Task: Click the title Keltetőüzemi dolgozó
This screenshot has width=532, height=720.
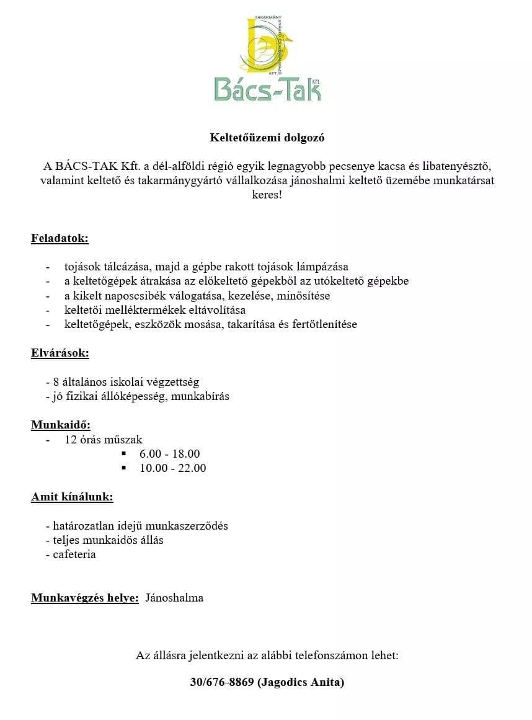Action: [x=266, y=138]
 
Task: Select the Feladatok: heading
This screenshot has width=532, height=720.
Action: [x=60, y=238]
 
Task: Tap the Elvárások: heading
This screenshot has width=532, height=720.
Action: [x=60, y=353]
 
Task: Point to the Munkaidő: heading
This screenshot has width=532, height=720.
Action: [x=61, y=425]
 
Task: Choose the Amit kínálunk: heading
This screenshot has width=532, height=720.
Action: [x=72, y=497]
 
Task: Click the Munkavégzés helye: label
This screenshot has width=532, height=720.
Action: [x=85, y=598]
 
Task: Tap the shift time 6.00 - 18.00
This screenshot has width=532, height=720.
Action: [x=169, y=454]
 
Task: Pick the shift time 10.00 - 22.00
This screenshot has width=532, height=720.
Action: [x=172, y=468]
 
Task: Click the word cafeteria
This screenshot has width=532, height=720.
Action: [x=74, y=554]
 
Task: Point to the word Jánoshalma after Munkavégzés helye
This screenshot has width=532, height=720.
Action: [x=174, y=598]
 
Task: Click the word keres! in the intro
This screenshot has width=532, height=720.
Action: [x=266, y=195]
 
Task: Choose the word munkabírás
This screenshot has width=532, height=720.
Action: [x=200, y=396]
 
